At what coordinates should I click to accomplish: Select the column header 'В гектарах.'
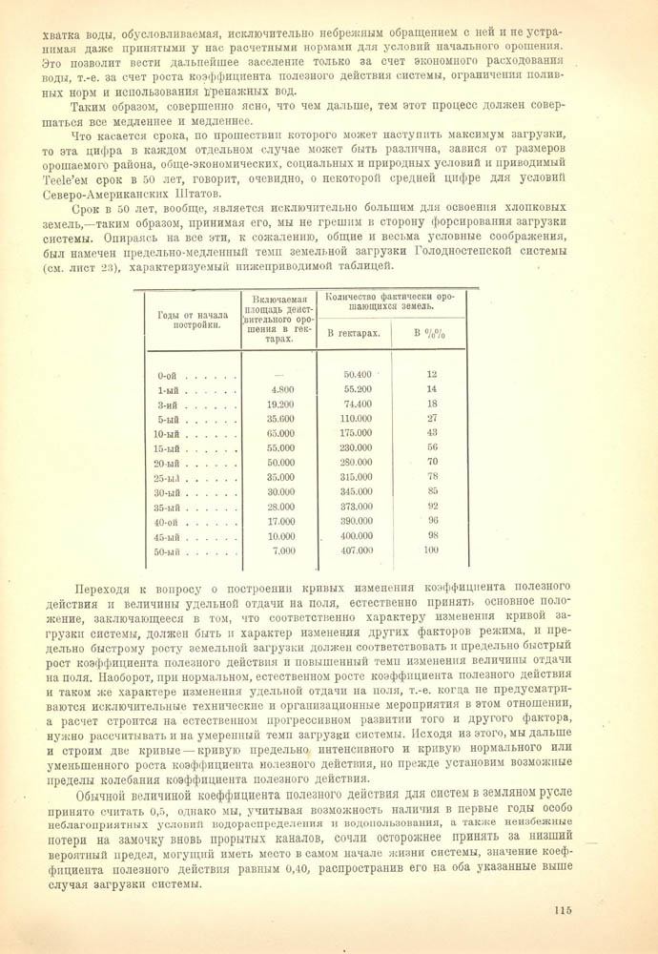(x=354, y=333)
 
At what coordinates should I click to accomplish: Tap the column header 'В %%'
(x=430, y=333)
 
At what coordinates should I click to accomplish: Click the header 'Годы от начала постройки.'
(x=186, y=319)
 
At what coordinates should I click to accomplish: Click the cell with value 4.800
(x=282, y=389)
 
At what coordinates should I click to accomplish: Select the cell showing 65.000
(x=281, y=433)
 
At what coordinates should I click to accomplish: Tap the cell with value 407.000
(x=355, y=550)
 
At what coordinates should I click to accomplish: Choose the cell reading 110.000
(x=355, y=418)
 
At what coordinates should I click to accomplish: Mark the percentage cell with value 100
(x=430, y=550)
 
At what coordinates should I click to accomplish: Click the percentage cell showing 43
(x=431, y=433)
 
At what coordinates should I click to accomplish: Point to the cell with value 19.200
(x=281, y=404)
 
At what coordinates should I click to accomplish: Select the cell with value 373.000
(x=355, y=507)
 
